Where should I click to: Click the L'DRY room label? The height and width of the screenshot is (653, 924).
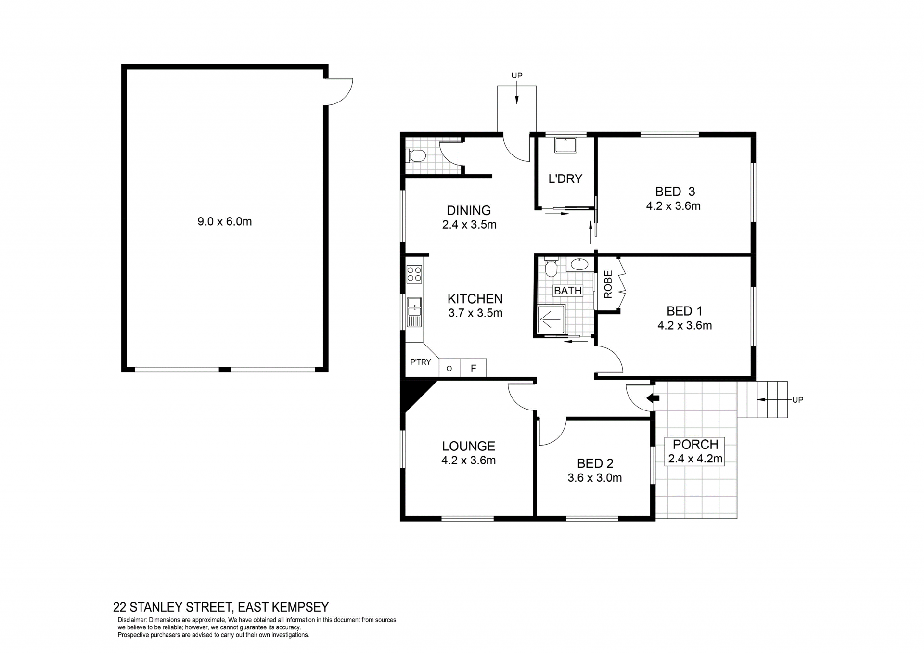point(565,179)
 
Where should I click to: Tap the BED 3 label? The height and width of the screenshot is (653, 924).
point(675,192)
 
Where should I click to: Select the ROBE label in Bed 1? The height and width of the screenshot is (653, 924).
point(608,284)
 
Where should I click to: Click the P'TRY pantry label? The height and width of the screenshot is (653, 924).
point(420,362)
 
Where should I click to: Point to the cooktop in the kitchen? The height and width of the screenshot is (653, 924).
point(414,274)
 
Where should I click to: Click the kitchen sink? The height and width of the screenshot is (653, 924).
point(414,312)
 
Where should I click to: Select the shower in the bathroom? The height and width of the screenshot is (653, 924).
point(550,319)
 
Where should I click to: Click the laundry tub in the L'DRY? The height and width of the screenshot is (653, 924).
point(565,145)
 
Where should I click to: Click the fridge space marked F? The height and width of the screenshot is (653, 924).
point(473,368)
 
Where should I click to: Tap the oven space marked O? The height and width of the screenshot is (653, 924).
point(449,368)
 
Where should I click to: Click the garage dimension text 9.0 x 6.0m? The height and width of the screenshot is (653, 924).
point(225,221)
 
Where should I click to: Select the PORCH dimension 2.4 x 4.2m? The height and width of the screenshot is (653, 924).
point(695,459)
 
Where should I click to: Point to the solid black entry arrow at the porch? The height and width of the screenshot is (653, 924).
point(653,398)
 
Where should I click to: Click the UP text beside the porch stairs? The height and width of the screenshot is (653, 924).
point(797,399)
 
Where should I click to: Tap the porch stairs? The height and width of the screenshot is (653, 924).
point(762,399)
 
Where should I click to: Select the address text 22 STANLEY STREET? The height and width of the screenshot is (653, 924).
point(172,607)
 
